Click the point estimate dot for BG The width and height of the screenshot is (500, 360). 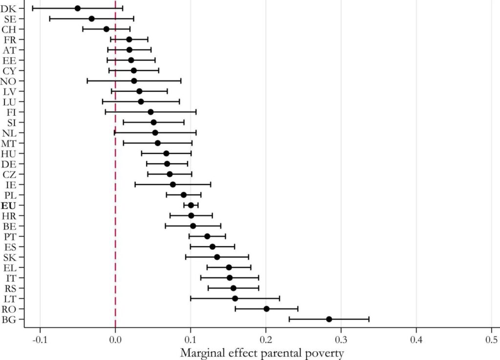click(x=329, y=319)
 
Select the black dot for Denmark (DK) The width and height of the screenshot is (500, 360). click(x=78, y=8)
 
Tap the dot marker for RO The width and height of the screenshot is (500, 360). click(x=267, y=309)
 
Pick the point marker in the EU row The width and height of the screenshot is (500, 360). click(x=191, y=205)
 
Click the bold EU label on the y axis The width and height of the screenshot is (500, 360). click(x=8, y=205)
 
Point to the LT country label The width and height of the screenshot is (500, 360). click(x=9, y=298)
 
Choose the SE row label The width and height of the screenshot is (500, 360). click(x=9, y=19)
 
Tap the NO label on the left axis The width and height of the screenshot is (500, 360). click(x=8, y=81)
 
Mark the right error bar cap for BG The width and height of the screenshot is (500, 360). click(x=369, y=319)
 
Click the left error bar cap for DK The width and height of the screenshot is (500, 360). click(x=33, y=8)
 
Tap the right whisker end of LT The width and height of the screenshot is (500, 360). click(x=279, y=298)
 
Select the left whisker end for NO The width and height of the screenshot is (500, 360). click(x=87, y=81)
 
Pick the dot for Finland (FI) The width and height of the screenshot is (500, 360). click(x=150, y=112)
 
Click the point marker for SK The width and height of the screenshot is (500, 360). click(x=217, y=257)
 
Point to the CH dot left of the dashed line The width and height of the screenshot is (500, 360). click(x=106, y=29)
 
